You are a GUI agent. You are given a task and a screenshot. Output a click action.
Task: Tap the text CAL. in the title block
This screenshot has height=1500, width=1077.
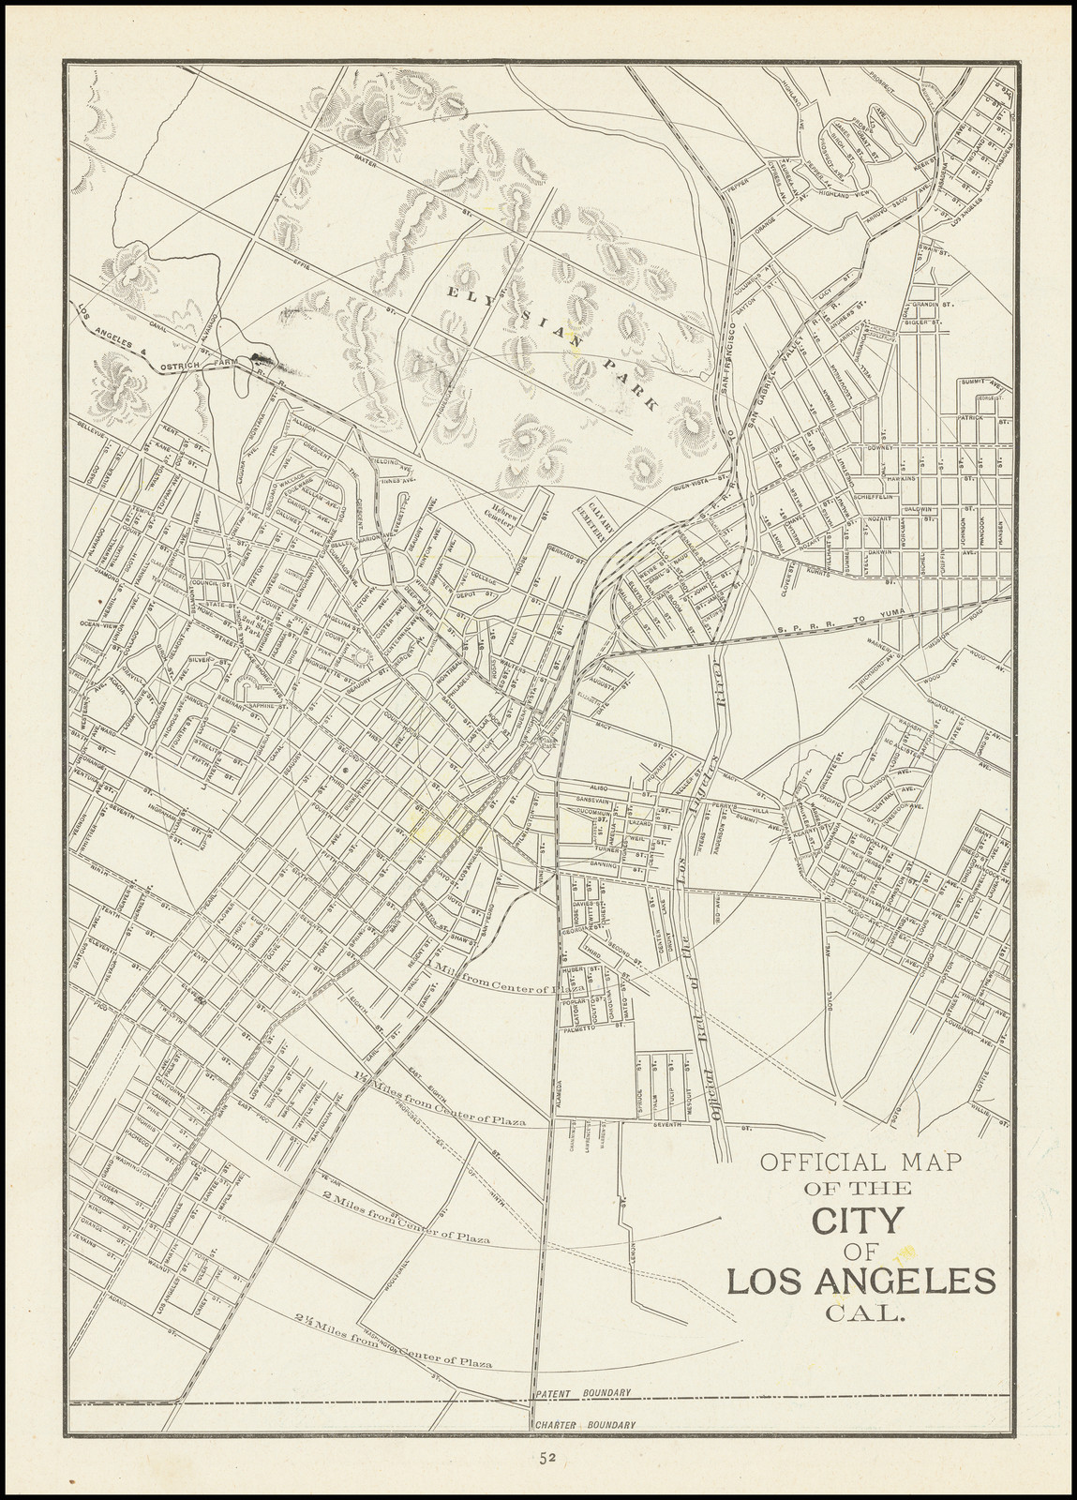click(864, 1312)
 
